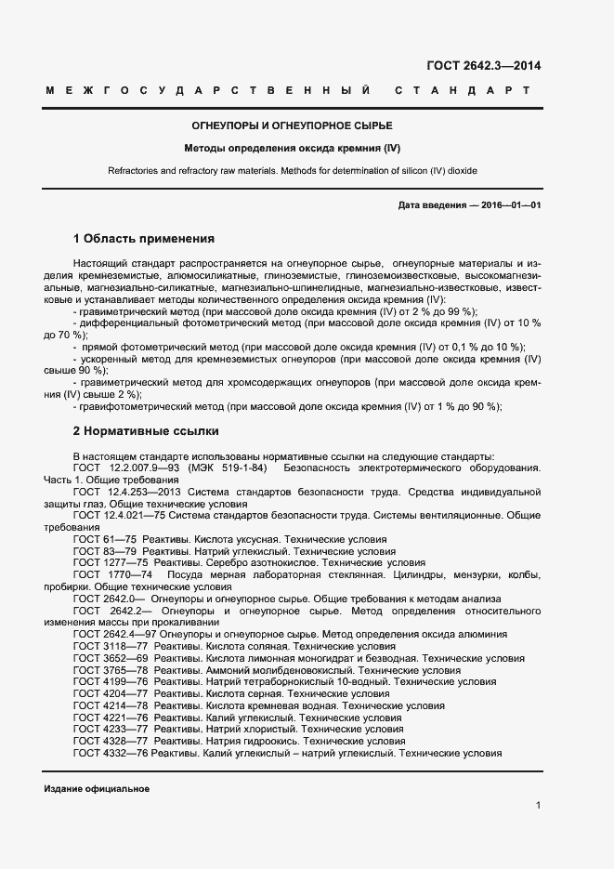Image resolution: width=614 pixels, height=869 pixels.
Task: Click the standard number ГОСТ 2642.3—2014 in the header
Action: point(483,66)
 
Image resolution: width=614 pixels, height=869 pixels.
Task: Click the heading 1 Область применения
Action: point(144,238)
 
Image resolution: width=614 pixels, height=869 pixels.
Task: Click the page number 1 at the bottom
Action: point(538,805)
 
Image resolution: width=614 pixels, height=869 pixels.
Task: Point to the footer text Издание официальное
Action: point(97,788)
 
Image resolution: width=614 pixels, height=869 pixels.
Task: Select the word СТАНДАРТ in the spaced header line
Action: point(462,91)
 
